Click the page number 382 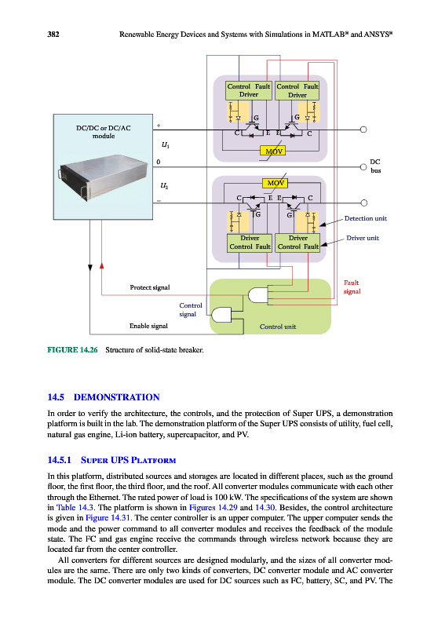(53, 35)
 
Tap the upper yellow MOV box (274, 151)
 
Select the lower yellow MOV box (276, 183)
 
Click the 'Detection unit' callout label (366, 218)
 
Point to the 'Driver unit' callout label (363, 238)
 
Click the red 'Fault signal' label (352, 287)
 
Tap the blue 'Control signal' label (191, 309)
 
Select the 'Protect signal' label (150, 287)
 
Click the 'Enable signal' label (148, 326)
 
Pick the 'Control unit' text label (278, 327)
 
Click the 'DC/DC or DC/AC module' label (104, 132)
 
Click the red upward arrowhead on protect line (102, 265)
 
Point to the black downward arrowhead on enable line (90, 268)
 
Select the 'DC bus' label (375, 166)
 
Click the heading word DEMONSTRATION (116, 397)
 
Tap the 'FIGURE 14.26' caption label (72, 349)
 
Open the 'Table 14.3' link (75, 507)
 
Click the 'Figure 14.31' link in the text (108, 518)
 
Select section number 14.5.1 (59, 460)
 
